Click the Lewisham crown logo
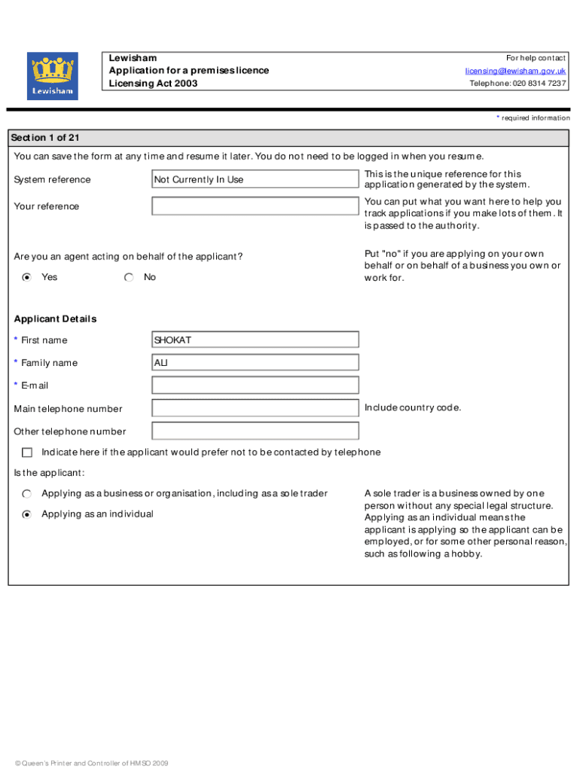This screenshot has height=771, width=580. (x=52, y=76)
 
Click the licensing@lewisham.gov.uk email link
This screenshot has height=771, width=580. (x=515, y=71)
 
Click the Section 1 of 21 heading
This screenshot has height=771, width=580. (x=45, y=138)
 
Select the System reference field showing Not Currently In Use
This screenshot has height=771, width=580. (x=255, y=179)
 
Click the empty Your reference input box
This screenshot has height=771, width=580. (x=255, y=206)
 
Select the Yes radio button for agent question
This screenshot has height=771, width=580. (x=27, y=277)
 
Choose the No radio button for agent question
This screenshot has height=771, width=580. (x=130, y=277)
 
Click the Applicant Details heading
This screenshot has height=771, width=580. (x=55, y=318)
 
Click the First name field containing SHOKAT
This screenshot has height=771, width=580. (x=255, y=340)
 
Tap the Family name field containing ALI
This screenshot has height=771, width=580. (x=255, y=362)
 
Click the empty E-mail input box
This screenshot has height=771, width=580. (x=255, y=385)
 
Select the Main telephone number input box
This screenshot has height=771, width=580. (x=255, y=408)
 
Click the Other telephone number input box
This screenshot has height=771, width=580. (x=255, y=431)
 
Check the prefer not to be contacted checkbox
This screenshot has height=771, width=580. (x=27, y=453)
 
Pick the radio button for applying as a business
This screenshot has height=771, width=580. (x=27, y=494)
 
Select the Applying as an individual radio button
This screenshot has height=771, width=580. (x=27, y=514)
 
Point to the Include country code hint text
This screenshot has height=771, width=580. (x=412, y=408)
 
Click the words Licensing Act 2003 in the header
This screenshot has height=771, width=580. (x=153, y=84)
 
